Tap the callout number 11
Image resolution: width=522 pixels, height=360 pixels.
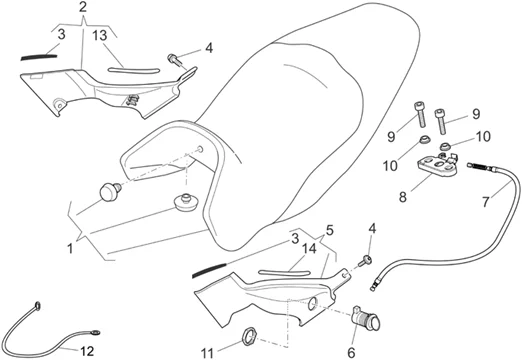(206, 352)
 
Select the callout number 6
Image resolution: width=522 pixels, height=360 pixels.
(352, 352)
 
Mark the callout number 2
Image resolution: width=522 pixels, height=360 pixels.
(85, 7)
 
